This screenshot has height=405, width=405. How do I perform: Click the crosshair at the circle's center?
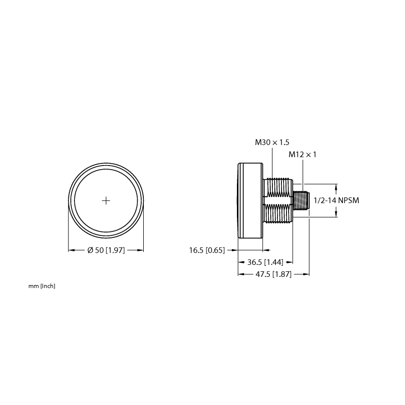(x=106, y=200)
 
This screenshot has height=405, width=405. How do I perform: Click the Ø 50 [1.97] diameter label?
(x=106, y=250)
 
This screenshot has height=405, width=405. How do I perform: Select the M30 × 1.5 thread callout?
(x=272, y=142)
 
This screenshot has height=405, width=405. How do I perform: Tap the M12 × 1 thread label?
(x=302, y=154)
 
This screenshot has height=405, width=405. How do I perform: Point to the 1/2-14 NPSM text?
(x=336, y=200)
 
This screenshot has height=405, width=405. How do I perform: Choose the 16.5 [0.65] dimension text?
(x=207, y=250)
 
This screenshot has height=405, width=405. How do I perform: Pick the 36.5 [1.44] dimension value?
(x=265, y=262)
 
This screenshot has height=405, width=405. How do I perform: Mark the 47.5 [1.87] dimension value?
(x=273, y=274)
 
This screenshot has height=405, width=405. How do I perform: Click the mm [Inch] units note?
(x=42, y=286)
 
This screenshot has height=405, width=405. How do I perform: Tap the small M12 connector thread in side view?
(x=301, y=200)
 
